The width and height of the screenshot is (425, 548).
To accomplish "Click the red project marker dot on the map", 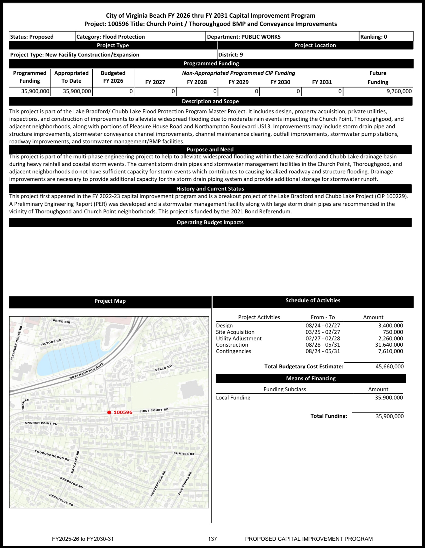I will (x=109, y=412).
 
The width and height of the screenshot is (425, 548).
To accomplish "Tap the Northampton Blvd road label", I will (x=87, y=371).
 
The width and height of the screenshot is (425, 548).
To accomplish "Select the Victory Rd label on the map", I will (x=51, y=342).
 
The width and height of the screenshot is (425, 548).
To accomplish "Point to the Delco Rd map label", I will (x=163, y=368).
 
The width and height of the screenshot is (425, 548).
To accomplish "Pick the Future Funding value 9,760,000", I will (x=399, y=91).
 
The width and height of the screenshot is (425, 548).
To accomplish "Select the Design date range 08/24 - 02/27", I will (x=323, y=326).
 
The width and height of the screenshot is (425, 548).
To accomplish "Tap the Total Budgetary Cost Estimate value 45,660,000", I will (x=389, y=367).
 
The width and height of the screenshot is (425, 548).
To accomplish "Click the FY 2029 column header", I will (x=238, y=82).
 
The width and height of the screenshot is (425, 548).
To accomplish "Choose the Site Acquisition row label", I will (x=235, y=332).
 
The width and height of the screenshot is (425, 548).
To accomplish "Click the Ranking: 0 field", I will (x=373, y=37).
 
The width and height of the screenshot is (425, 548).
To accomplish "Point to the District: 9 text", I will (x=230, y=55).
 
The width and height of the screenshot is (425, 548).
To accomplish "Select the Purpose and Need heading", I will (x=210, y=150).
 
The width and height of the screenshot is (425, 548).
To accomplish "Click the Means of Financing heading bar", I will (x=310, y=378).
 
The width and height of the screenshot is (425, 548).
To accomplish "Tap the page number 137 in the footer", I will (x=212, y=539).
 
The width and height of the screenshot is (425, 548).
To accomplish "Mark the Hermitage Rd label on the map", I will (x=61, y=500).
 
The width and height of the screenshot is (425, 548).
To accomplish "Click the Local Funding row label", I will (x=233, y=398).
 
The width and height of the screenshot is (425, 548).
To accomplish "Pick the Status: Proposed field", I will (x=32, y=37).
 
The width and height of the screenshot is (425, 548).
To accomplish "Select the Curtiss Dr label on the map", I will (x=184, y=454).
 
